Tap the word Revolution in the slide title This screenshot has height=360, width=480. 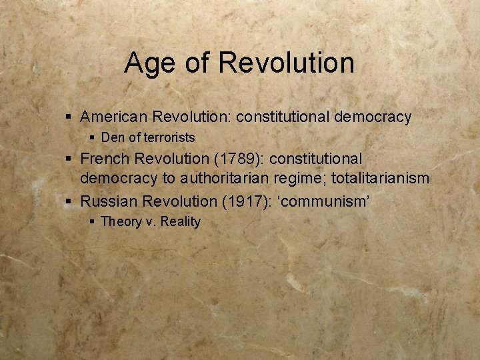286,63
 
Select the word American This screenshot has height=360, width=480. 114,117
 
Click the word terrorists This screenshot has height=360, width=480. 169,138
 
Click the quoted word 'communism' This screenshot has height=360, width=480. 327,200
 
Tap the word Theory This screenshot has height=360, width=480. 121,222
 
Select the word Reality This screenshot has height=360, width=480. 178,222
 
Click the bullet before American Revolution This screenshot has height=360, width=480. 70,117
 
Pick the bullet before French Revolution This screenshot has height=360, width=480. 70,159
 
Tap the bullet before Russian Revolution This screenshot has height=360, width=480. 70,201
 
